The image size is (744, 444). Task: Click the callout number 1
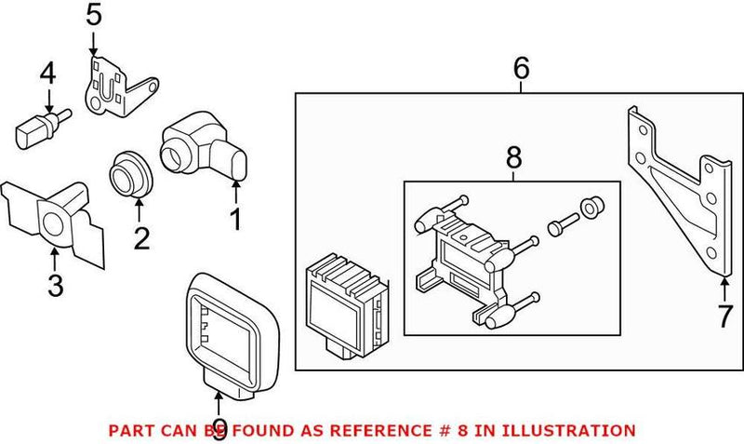[x=235, y=221]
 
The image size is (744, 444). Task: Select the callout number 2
[x=141, y=238]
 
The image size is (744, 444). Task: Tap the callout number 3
[x=55, y=285]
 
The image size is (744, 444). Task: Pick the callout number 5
[x=94, y=16]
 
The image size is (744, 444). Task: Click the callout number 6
[x=521, y=68]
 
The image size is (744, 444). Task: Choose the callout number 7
[x=724, y=316]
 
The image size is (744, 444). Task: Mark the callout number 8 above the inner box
[x=513, y=159]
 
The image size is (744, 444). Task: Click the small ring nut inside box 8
[x=589, y=207]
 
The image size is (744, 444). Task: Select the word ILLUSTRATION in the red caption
[x=568, y=430]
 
